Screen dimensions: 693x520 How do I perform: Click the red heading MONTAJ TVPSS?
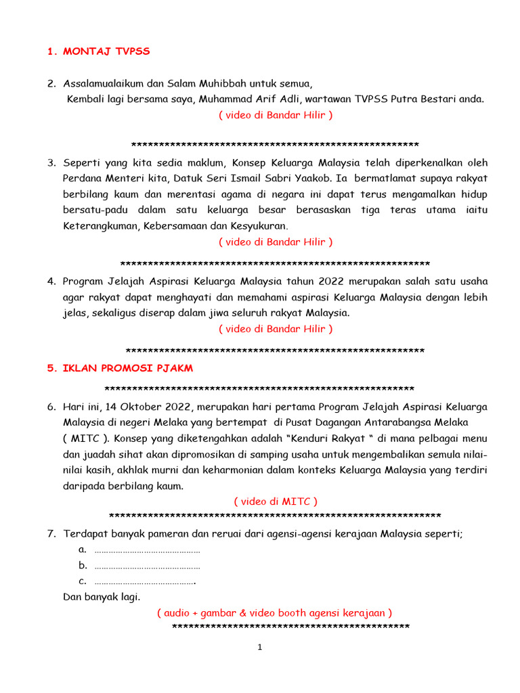pos(106,51)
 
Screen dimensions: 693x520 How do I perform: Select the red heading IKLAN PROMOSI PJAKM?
pos(128,368)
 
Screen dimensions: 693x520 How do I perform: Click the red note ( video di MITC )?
pos(276,501)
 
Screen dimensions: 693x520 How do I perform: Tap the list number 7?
pos(51,534)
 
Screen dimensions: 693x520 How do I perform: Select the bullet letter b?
pos(83,565)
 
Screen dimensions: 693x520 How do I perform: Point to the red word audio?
pos(178,612)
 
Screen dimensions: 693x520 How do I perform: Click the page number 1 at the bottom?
pos(259,648)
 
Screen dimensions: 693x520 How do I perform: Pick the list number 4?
pos(51,281)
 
